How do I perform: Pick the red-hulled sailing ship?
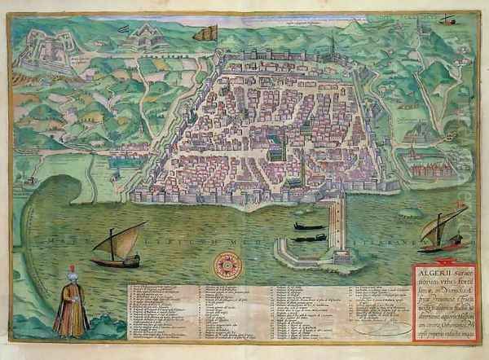443,243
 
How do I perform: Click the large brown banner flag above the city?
206,33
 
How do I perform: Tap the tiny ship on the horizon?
447,19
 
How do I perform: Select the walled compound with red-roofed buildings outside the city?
429,169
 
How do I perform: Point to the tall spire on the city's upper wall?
332,45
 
